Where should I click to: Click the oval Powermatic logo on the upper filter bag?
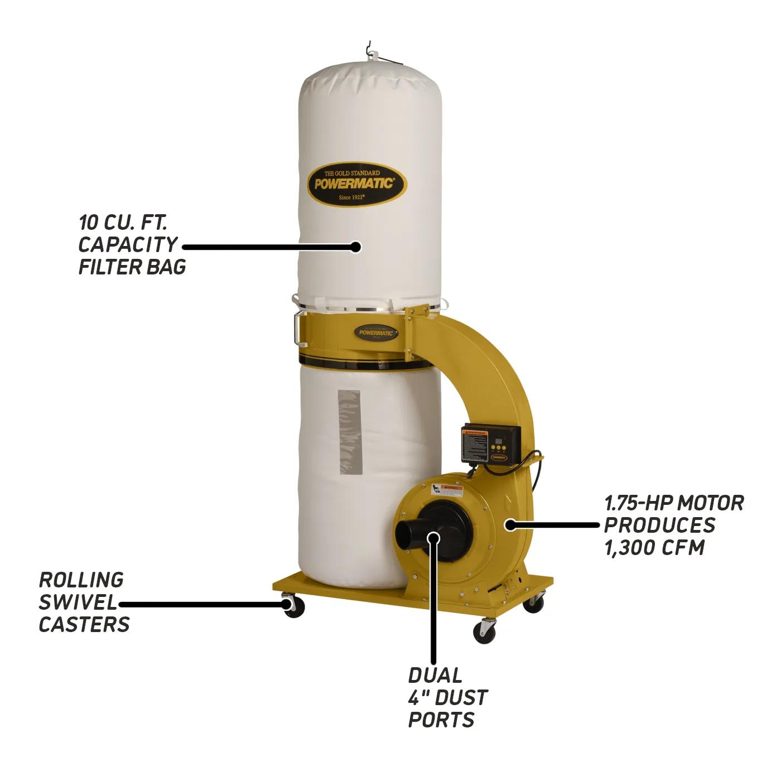[357, 185]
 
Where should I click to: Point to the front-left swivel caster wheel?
[292, 606]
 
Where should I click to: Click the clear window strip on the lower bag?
[349, 432]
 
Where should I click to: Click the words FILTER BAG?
[132, 267]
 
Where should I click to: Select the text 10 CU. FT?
[123, 223]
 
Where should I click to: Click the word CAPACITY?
[128, 244]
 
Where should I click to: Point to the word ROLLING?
[81, 580]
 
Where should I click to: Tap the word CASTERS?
[84, 624]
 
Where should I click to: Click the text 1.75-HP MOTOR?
[674, 503]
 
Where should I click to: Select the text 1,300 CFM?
[654, 547]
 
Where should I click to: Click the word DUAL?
[435, 676]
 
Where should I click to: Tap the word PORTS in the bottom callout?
[441, 720]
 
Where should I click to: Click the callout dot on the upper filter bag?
[355, 246]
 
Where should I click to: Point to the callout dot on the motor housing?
[510, 524]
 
